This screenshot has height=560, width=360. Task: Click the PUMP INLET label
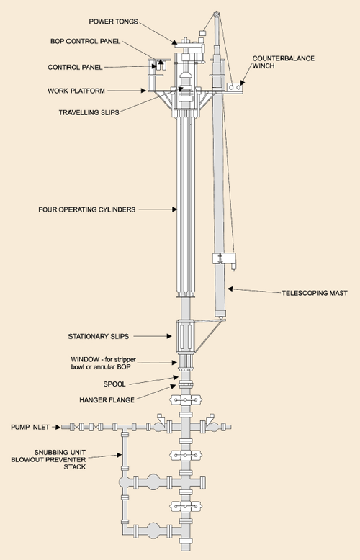[31, 427]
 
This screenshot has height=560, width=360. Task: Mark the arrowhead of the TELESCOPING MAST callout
[230, 287]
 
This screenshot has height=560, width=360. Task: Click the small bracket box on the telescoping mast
[219, 258]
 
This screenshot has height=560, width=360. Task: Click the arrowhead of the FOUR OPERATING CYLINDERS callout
[175, 209]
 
